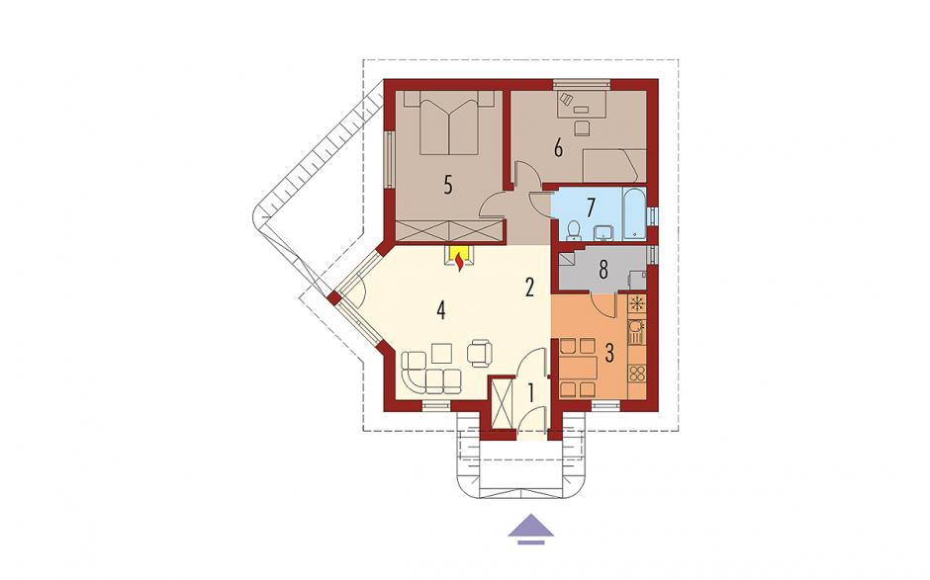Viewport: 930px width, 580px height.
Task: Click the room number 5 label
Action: [448, 185]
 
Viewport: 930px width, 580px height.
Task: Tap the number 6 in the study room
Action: [558, 148]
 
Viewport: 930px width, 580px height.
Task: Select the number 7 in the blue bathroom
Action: [590, 207]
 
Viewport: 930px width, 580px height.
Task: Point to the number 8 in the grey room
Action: [604, 270]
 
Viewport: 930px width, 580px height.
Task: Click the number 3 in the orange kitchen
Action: [608, 352]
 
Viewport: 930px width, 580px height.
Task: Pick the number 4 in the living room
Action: [440, 310]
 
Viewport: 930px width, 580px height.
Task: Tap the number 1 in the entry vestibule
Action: [531, 391]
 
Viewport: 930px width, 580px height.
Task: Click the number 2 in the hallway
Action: [529, 288]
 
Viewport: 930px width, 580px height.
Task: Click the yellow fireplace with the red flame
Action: [460, 258]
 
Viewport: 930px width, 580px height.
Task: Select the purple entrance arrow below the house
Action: [530, 529]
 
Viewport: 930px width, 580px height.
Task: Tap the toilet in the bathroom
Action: [574, 230]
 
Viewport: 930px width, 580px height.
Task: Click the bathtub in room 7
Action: [634, 213]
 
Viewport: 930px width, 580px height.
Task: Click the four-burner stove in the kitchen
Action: [637, 373]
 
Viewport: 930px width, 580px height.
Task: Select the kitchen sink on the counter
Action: [636, 330]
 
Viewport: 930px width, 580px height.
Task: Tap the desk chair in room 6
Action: [582, 127]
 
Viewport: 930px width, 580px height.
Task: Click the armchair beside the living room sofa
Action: [479, 353]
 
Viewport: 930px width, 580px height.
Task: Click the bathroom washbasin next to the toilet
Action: [604, 232]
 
